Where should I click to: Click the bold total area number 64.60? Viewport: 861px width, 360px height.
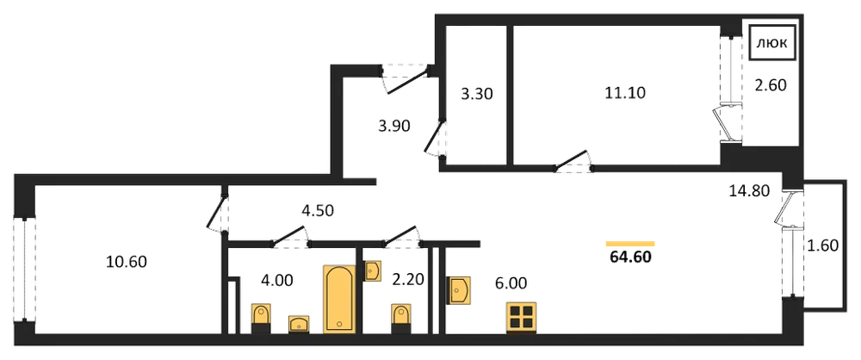click(630, 257)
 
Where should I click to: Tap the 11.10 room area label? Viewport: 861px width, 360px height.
click(625, 93)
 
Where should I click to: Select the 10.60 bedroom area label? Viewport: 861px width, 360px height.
click(127, 262)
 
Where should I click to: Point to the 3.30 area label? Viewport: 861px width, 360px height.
click(477, 94)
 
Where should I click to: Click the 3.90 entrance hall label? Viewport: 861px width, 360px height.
click(395, 126)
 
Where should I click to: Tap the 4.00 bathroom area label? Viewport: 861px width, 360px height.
click(276, 281)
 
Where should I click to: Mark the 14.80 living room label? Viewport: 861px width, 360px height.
click(750, 190)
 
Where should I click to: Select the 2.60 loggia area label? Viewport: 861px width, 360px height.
click(771, 85)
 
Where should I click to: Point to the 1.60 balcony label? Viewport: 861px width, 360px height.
click(822, 245)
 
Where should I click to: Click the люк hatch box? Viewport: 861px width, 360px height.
click(774, 43)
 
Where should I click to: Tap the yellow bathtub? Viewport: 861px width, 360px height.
click(340, 299)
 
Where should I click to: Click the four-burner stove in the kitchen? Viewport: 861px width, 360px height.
click(523, 318)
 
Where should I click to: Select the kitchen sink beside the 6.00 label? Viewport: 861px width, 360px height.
click(460, 289)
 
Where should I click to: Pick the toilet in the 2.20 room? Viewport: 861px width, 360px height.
click(401, 318)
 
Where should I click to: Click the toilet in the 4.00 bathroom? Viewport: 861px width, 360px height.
click(261, 318)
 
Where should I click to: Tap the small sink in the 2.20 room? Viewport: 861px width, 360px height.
click(373, 271)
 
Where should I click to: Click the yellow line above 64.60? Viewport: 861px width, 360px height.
click(630, 244)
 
